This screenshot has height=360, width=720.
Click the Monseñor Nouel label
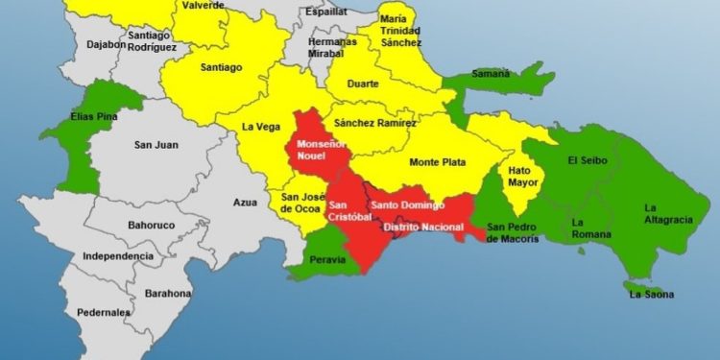318,149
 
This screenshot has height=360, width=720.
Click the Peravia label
333,258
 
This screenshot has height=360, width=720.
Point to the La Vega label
259,126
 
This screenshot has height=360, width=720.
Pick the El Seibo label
586,159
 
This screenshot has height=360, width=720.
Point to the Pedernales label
105,312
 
